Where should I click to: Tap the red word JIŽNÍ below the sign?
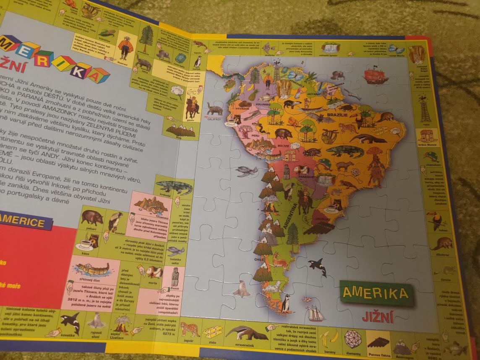coord(378,316)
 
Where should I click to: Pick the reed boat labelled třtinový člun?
coord(91,269)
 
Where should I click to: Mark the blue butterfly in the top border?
coord(396,49)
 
